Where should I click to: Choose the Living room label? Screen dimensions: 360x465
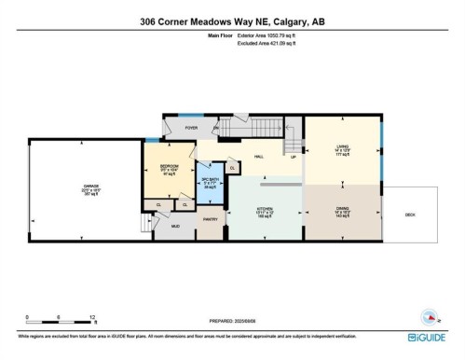click(x=344, y=146)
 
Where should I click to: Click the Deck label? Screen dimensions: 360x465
click(x=409, y=214)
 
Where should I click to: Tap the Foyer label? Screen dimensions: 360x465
click(x=191, y=128)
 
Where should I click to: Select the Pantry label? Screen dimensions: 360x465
click(x=212, y=219)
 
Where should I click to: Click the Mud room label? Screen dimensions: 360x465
click(x=174, y=226)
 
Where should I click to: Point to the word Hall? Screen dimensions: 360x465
click(x=258, y=157)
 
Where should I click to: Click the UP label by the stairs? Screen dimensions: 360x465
click(x=294, y=157)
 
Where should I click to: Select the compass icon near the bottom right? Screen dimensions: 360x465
click(x=429, y=316)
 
